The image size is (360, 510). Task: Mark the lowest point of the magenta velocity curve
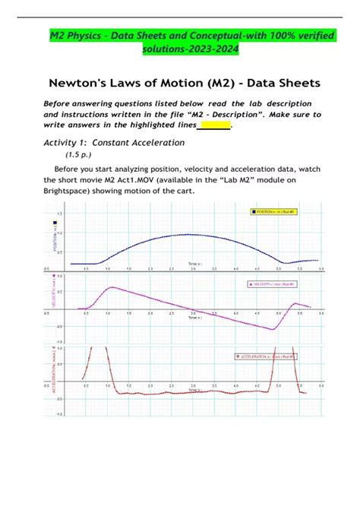274,329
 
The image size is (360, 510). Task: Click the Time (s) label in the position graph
195,264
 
